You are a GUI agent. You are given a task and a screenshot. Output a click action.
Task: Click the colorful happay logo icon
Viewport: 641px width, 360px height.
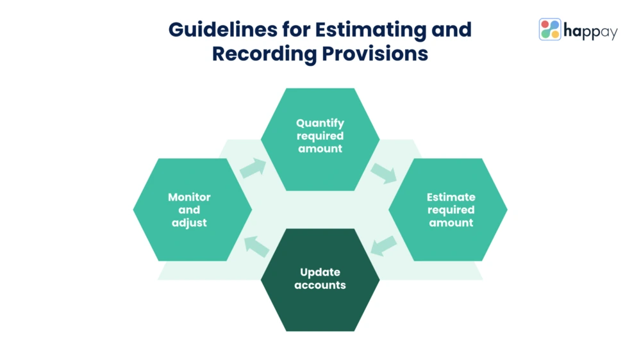(x=550, y=29)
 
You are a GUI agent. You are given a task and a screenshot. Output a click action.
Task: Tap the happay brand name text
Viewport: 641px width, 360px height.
(x=590, y=30)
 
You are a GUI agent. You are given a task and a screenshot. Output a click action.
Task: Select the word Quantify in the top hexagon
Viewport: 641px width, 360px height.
(x=320, y=123)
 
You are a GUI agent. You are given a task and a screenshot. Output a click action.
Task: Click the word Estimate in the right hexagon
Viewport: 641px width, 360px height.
(x=451, y=197)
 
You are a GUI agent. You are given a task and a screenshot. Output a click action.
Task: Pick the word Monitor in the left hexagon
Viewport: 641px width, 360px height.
(x=189, y=197)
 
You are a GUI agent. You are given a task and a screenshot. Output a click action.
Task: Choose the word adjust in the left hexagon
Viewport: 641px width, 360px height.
(x=189, y=223)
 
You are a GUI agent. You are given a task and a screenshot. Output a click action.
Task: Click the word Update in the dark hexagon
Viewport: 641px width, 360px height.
(x=320, y=272)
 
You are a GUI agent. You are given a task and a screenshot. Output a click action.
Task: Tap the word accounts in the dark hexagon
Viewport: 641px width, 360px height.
(x=320, y=285)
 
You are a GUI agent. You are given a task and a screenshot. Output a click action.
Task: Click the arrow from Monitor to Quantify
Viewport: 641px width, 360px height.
(x=253, y=168)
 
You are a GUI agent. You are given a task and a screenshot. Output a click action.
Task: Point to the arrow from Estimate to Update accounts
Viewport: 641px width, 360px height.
(x=384, y=245)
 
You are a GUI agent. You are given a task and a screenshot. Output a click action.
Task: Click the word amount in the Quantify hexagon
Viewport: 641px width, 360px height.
(x=320, y=149)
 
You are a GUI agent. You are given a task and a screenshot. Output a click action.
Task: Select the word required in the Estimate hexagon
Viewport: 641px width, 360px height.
(x=451, y=210)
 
